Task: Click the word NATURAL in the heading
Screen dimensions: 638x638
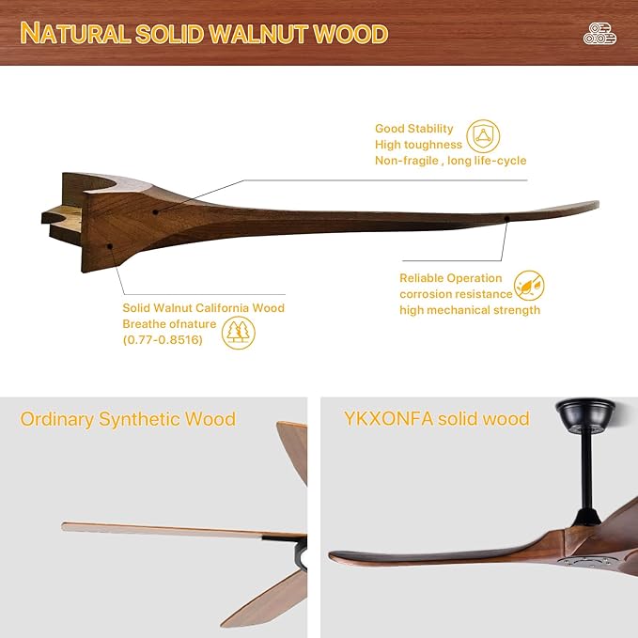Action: pos(75,34)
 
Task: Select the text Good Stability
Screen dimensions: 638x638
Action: pos(414,129)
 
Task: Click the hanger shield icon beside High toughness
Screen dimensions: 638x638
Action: pos(484,136)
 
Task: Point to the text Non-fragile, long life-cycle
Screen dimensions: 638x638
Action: pos(450,161)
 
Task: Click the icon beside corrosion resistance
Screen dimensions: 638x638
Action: pos(530,286)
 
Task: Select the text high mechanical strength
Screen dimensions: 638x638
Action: pos(470,310)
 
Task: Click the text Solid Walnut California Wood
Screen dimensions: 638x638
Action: pos(203,308)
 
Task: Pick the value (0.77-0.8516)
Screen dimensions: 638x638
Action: pos(163,340)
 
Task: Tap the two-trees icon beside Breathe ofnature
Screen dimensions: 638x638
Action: pos(239,332)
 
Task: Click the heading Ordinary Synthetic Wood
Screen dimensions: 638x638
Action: pos(128,419)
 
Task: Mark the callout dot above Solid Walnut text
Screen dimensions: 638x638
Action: pos(111,245)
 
